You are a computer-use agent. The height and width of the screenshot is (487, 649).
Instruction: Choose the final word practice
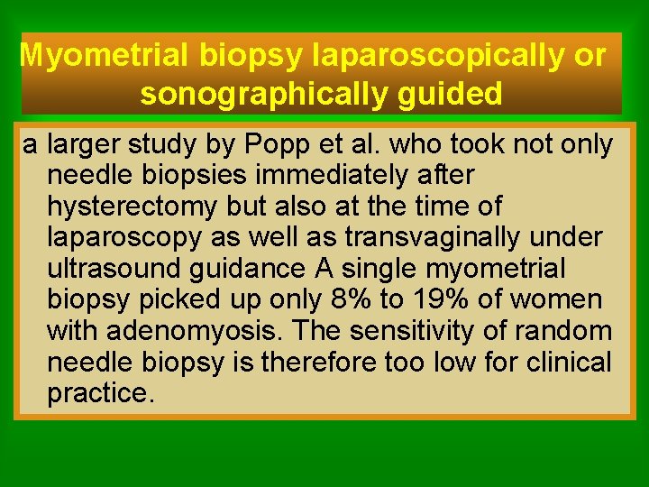(100, 394)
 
